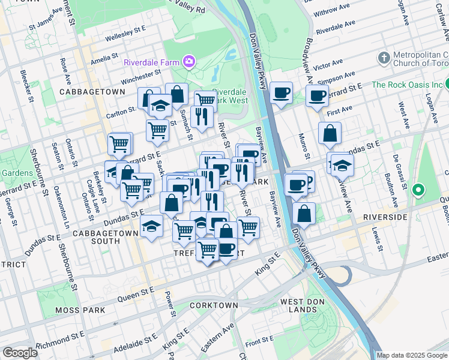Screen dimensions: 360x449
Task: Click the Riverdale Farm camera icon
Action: (190, 61)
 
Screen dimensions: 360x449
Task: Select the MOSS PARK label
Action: (79, 310)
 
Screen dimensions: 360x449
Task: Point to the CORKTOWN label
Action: (214, 305)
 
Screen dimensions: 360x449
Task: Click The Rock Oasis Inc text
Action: (406, 85)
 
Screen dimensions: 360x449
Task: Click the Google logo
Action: (20, 353)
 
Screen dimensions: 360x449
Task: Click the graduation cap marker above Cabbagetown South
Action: (151, 226)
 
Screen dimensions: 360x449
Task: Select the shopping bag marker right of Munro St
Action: (330, 133)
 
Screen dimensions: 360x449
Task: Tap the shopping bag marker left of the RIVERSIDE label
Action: (305, 214)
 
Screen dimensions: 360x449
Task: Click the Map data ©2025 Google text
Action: (412, 355)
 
